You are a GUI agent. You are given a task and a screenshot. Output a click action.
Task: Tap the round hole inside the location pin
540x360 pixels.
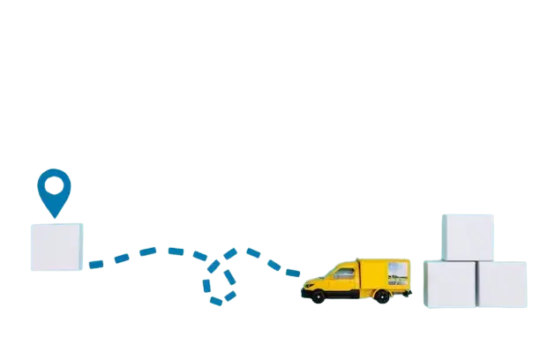(x=54, y=184)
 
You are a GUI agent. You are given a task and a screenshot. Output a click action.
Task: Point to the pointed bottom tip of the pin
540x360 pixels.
(x=55, y=216)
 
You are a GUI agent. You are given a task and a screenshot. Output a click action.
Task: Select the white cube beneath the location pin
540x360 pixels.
(x=56, y=246)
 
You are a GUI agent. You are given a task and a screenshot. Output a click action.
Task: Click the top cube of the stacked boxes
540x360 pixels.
(x=468, y=236)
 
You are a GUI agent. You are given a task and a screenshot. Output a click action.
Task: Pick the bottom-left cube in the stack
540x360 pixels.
(x=451, y=284)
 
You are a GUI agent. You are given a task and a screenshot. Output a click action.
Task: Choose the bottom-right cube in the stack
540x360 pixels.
(x=502, y=284)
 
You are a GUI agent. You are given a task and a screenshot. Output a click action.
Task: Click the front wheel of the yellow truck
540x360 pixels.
(x=317, y=296)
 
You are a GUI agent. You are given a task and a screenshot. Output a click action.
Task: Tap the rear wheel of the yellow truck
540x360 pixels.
(x=381, y=296)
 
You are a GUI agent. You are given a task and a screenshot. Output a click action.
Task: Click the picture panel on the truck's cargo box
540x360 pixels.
(x=397, y=274)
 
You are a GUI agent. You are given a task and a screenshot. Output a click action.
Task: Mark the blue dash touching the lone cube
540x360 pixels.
(x=95, y=263)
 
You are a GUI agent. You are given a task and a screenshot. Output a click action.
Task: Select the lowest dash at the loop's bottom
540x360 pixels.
(x=216, y=302)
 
